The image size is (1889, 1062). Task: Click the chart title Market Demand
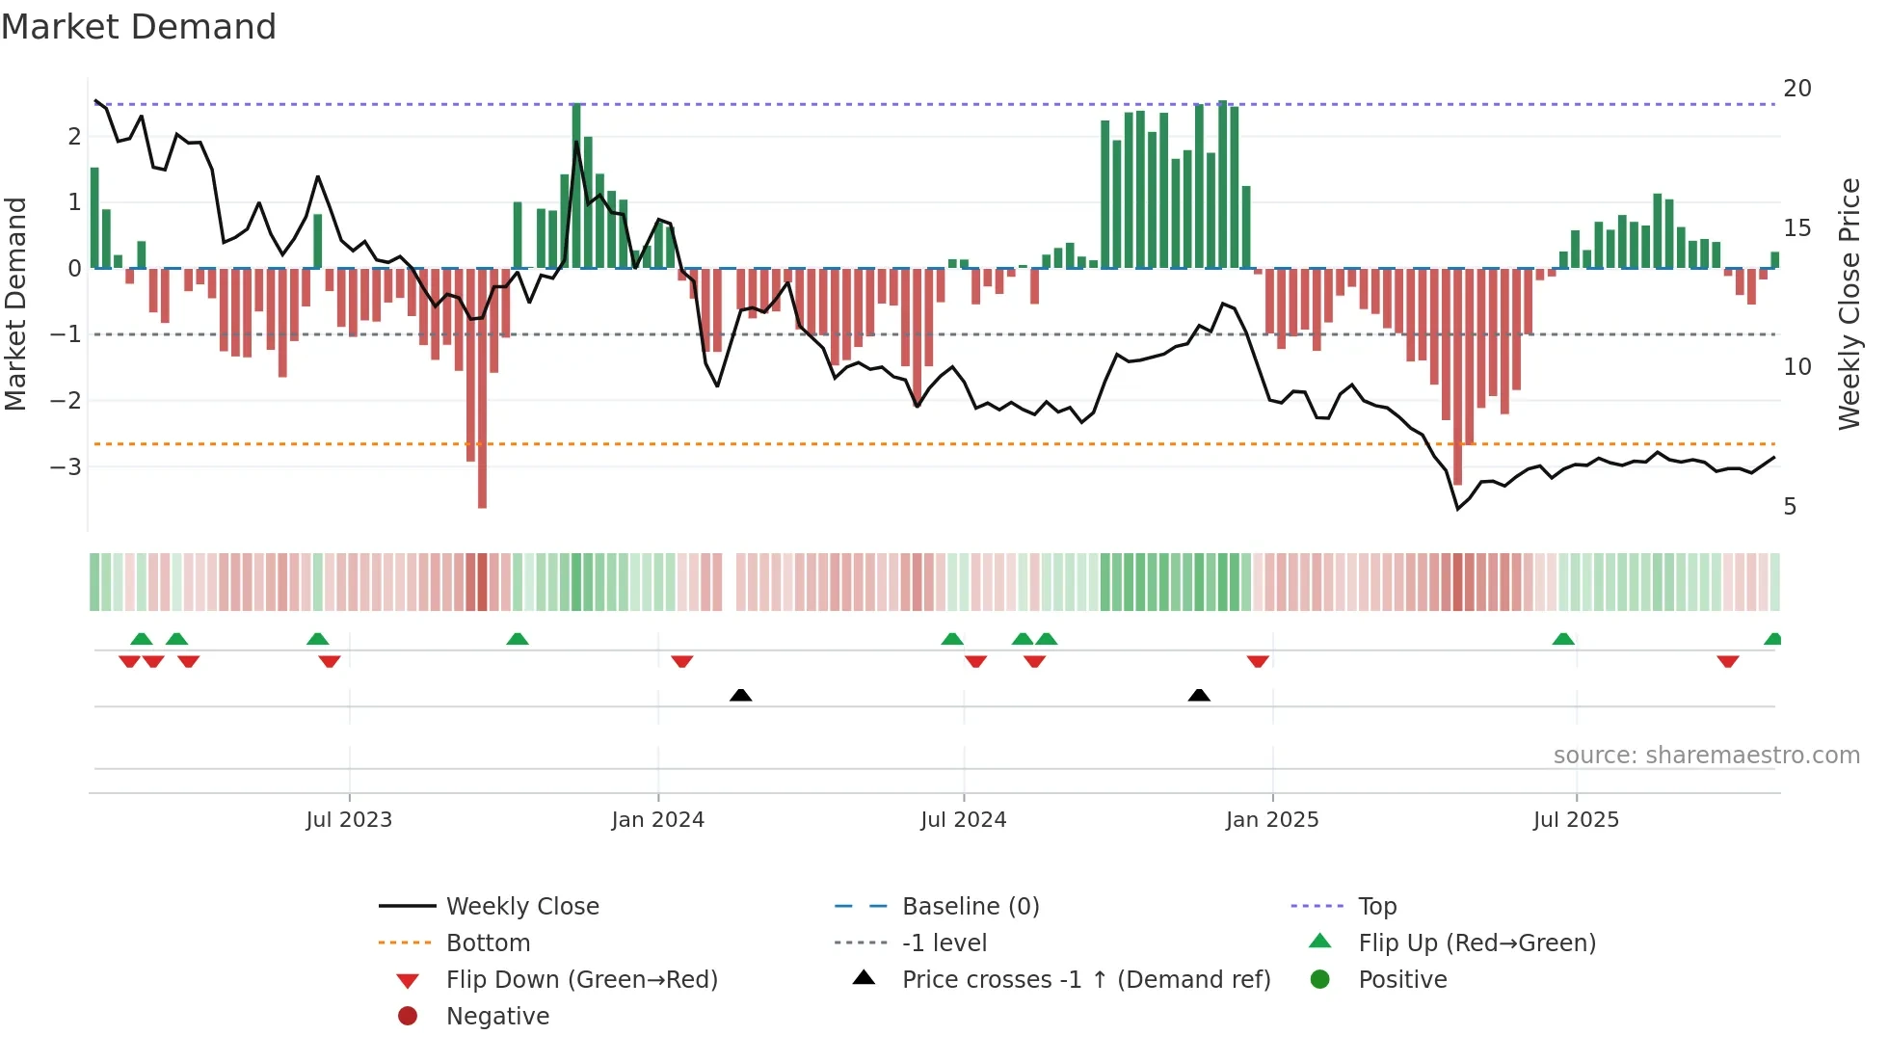(x=139, y=27)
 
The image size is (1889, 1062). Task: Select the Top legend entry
(x=1376, y=906)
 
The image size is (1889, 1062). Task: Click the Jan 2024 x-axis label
(x=657, y=820)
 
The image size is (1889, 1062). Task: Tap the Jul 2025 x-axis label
(x=1576, y=820)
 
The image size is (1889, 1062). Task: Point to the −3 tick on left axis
(x=66, y=466)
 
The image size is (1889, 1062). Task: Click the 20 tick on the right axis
(x=1796, y=89)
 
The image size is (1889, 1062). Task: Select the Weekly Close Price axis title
(x=1849, y=304)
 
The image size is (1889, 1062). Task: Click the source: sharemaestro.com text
(x=1706, y=755)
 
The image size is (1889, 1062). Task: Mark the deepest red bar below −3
(x=482, y=482)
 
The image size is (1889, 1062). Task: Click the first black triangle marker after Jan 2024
(x=740, y=695)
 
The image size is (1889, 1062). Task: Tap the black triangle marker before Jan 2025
(x=1199, y=695)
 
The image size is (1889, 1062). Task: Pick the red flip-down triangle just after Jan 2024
(x=682, y=661)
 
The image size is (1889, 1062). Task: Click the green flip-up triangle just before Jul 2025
(x=1563, y=639)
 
